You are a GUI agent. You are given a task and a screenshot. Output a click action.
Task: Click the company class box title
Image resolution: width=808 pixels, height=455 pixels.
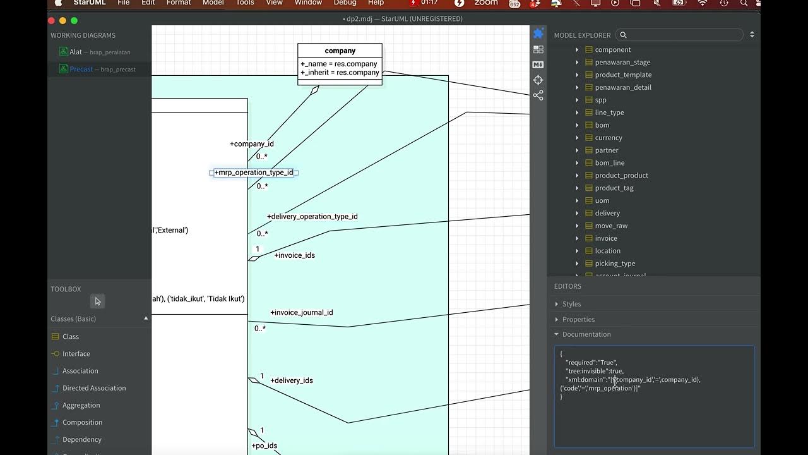(x=340, y=51)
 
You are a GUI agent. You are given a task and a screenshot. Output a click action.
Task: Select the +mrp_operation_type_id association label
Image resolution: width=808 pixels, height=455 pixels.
(x=254, y=173)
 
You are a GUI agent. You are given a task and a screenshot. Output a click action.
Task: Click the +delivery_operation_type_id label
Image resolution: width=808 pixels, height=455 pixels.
(x=312, y=216)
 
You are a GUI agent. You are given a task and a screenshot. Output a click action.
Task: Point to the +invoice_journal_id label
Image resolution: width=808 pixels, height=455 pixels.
(x=301, y=312)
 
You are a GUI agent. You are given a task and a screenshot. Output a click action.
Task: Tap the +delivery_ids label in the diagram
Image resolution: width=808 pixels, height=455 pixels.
(x=291, y=380)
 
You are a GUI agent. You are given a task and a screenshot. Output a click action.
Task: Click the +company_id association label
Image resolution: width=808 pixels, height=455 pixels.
(x=251, y=144)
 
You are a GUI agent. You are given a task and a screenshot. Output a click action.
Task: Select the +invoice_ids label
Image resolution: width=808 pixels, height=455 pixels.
(x=294, y=255)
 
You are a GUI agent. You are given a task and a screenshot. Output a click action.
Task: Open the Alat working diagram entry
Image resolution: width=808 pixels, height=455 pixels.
(x=76, y=52)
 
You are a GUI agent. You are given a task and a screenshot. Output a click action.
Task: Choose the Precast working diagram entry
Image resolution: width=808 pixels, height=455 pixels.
(x=81, y=69)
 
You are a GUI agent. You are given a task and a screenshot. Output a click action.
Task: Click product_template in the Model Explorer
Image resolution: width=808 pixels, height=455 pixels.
(x=622, y=75)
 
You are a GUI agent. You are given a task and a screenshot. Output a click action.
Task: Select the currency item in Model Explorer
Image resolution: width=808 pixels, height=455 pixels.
(x=608, y=138)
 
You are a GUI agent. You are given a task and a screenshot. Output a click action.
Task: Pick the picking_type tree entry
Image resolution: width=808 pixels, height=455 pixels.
(x=614, y=264)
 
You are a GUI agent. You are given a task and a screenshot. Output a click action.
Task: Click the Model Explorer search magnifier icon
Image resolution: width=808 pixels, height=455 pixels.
(x=623, y=35)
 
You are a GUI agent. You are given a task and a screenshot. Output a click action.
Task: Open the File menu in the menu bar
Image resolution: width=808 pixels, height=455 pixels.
(x=124, y=3)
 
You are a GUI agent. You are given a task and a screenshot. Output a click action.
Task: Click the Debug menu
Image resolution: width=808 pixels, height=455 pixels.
(x=345, y=3)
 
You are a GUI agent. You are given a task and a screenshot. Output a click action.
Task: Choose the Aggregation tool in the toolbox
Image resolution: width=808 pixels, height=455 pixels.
(x=81, y=405)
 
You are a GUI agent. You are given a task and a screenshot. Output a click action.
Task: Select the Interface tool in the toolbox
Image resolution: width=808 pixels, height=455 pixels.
(x=76, y=354)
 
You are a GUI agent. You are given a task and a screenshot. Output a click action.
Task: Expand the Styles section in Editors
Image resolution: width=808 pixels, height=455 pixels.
(x=571, y=304)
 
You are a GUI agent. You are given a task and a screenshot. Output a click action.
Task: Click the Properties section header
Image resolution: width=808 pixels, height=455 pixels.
(x=578, y=319)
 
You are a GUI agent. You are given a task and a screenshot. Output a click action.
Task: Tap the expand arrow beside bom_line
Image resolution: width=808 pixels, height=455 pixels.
(x=577, y=163)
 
